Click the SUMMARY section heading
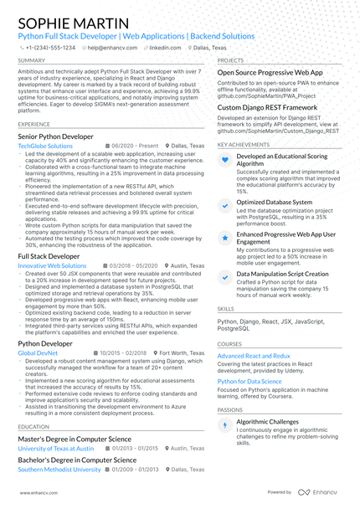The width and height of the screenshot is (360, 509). pos(32,61)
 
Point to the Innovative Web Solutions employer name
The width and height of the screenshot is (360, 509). pos(52,265)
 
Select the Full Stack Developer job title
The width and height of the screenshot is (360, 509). pos(49,255)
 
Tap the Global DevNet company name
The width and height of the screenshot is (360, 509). pos(38,353)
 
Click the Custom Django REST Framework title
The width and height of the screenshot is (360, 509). pos(267,108)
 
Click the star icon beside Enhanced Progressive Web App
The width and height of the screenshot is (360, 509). pos(224,238)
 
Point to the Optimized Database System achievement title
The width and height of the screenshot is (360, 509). pos(275,202)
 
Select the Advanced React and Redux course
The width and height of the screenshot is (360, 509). pos(254,356)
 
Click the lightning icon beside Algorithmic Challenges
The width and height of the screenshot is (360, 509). pos(224,425)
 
